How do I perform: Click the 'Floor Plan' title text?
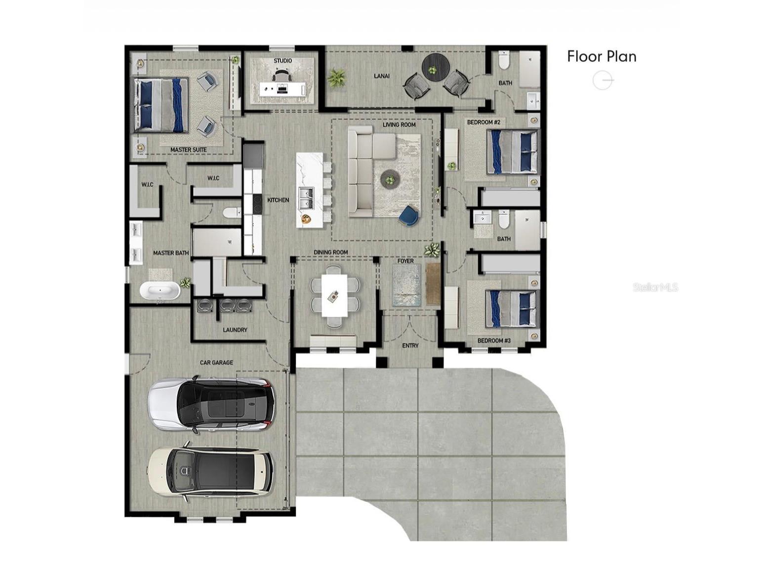602,56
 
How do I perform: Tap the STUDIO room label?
282,61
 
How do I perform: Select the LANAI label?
382,76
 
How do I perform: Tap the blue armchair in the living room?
409,215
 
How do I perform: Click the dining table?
334,295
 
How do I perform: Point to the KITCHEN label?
278,200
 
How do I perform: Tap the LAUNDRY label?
235,329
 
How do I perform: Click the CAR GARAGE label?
216,363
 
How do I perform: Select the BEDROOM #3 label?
494,340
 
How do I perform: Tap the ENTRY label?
410,345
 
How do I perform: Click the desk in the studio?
282,90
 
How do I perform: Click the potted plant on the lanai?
337,78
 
